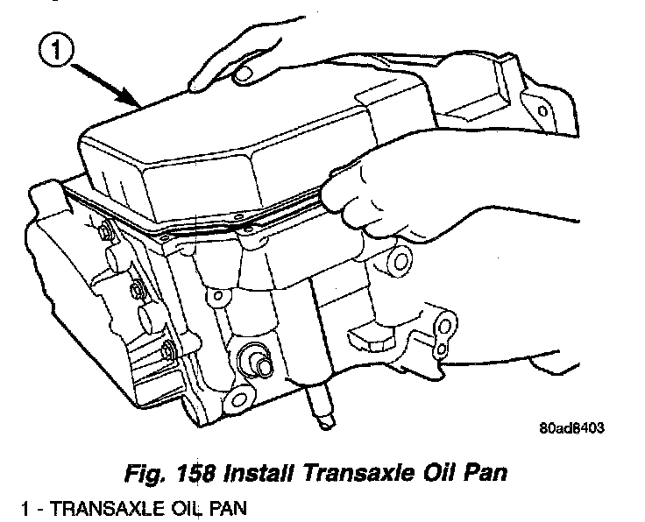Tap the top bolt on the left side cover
coord(106,232)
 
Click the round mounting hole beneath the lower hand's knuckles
coord(400,259)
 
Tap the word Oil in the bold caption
coord(452,473)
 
